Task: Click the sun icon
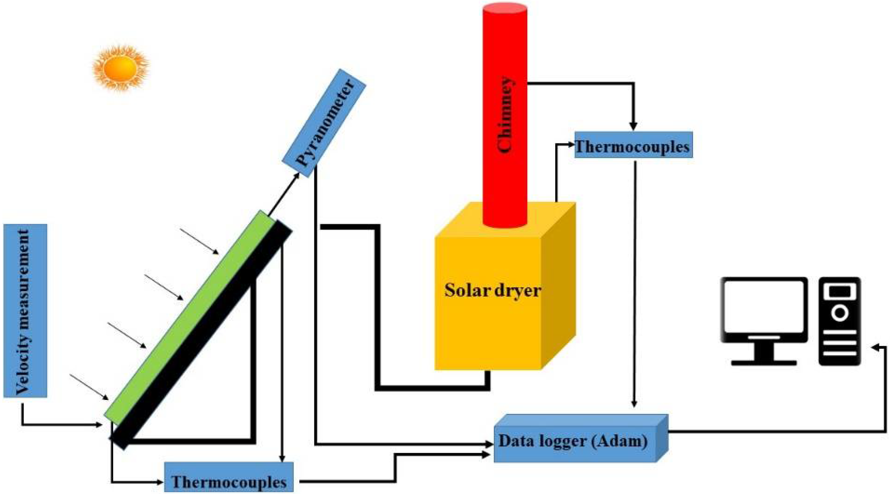[x=120, y=68]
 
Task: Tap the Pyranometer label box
[x=324, y=123]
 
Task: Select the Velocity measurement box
[x=25, y=310]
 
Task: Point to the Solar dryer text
[x=492, y=290]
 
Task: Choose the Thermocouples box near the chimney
[x=633, y=146]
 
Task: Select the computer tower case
[x=839, y=321]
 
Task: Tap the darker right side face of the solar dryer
[x=558, y=286]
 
